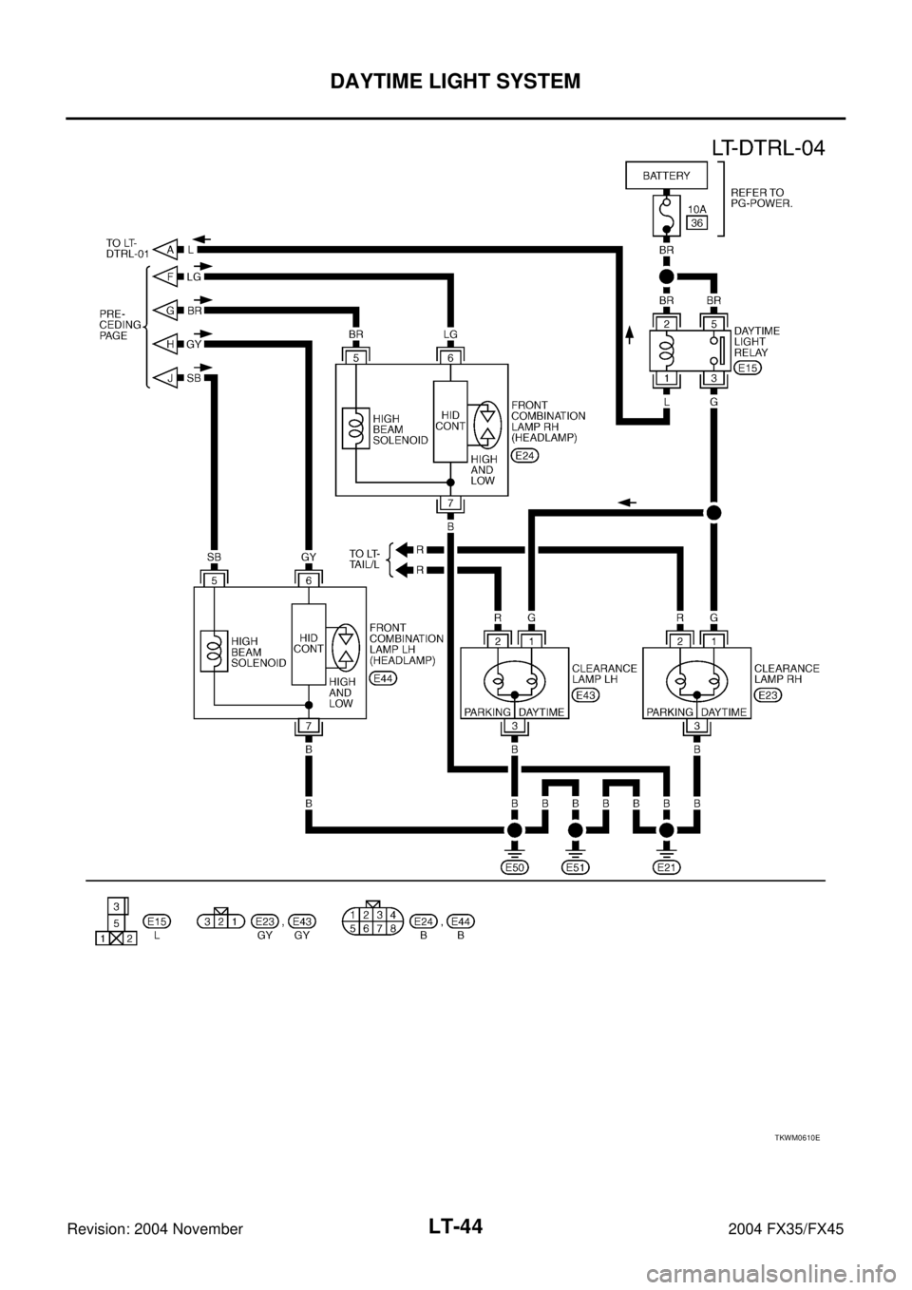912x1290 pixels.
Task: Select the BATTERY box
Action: tap(665, 177)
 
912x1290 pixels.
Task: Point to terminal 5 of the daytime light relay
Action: tap(712, 323)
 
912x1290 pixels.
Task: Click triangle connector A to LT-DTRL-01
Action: tap(168, 249)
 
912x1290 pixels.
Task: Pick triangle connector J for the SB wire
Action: tap(168, 377)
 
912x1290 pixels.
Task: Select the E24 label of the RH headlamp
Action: tap(524, 456)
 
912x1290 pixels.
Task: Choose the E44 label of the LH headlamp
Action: tap(384, 678)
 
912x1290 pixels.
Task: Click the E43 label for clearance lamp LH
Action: tap(586, 694)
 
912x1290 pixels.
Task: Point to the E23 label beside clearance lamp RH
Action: tap(769, 694)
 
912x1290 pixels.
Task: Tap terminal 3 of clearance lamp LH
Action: tap(514, 727)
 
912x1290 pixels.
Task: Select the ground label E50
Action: tap(514, 867)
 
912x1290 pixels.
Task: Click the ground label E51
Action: tap(575, 867)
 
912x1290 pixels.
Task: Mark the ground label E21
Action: tap(666, 867)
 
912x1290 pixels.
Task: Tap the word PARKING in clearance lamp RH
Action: tap(671, 711)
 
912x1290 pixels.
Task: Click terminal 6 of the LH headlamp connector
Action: tap(309, 579)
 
